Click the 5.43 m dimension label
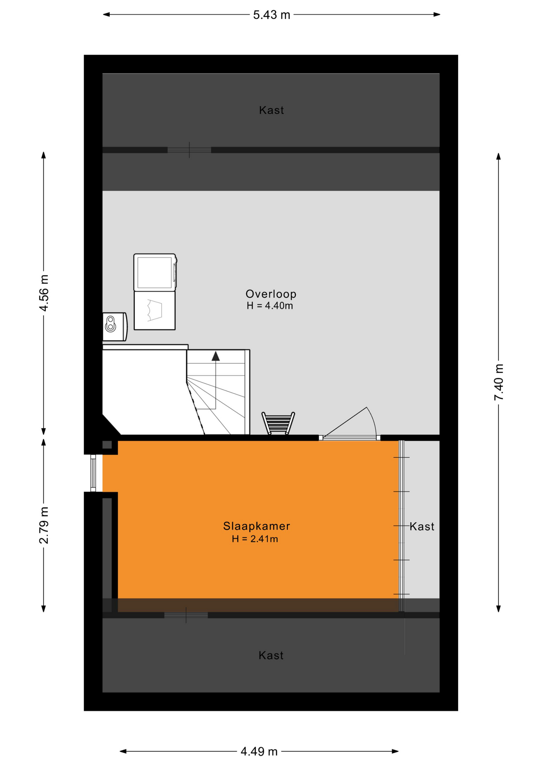click(x=271, y=15)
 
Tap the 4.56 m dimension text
click(x=44, y=293)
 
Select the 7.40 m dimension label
click(x=498, y=382)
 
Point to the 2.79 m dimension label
click(x=44, y=525)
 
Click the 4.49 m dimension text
click(x=259, y=752)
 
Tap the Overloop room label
click(x=271, y=294)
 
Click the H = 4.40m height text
click(x=270, y=306)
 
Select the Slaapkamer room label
click(x=257, y=526)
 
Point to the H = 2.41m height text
click(x=255, y=539)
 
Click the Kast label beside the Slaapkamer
click(x=422, y=527)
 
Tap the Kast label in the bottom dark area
click(x=271, y=655)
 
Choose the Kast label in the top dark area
click(x=271, y=110)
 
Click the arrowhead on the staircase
click(x=216, y=356)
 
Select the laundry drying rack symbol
click(x=278, y=423)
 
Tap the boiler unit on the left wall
click(x=115, y=327)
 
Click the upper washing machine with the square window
click(x=155, y=272)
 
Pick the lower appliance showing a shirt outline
click(x=154, y=310)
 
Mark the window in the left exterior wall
click(x=93, y=473)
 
